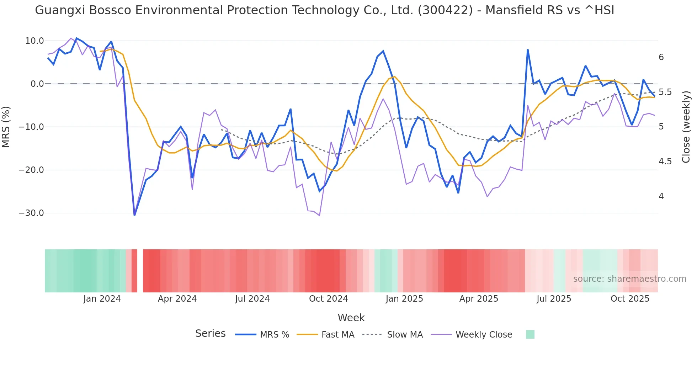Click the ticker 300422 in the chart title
(445, 10)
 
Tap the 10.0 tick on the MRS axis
(34, 41)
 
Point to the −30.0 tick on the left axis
(31, 213)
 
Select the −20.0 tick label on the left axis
(31, 170)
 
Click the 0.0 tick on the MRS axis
(37, 84)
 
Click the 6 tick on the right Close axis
(661, 57)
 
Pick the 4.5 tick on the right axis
(665, 161)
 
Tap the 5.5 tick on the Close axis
(665, 92)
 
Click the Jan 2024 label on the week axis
(102, 299)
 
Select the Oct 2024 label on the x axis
(328, 299)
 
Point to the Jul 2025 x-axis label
(554, 299)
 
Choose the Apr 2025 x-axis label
(479, 299)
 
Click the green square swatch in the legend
(530, 334)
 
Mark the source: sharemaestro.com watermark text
(629, 279)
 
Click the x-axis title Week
(351, 318)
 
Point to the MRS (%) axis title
(6, 127)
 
